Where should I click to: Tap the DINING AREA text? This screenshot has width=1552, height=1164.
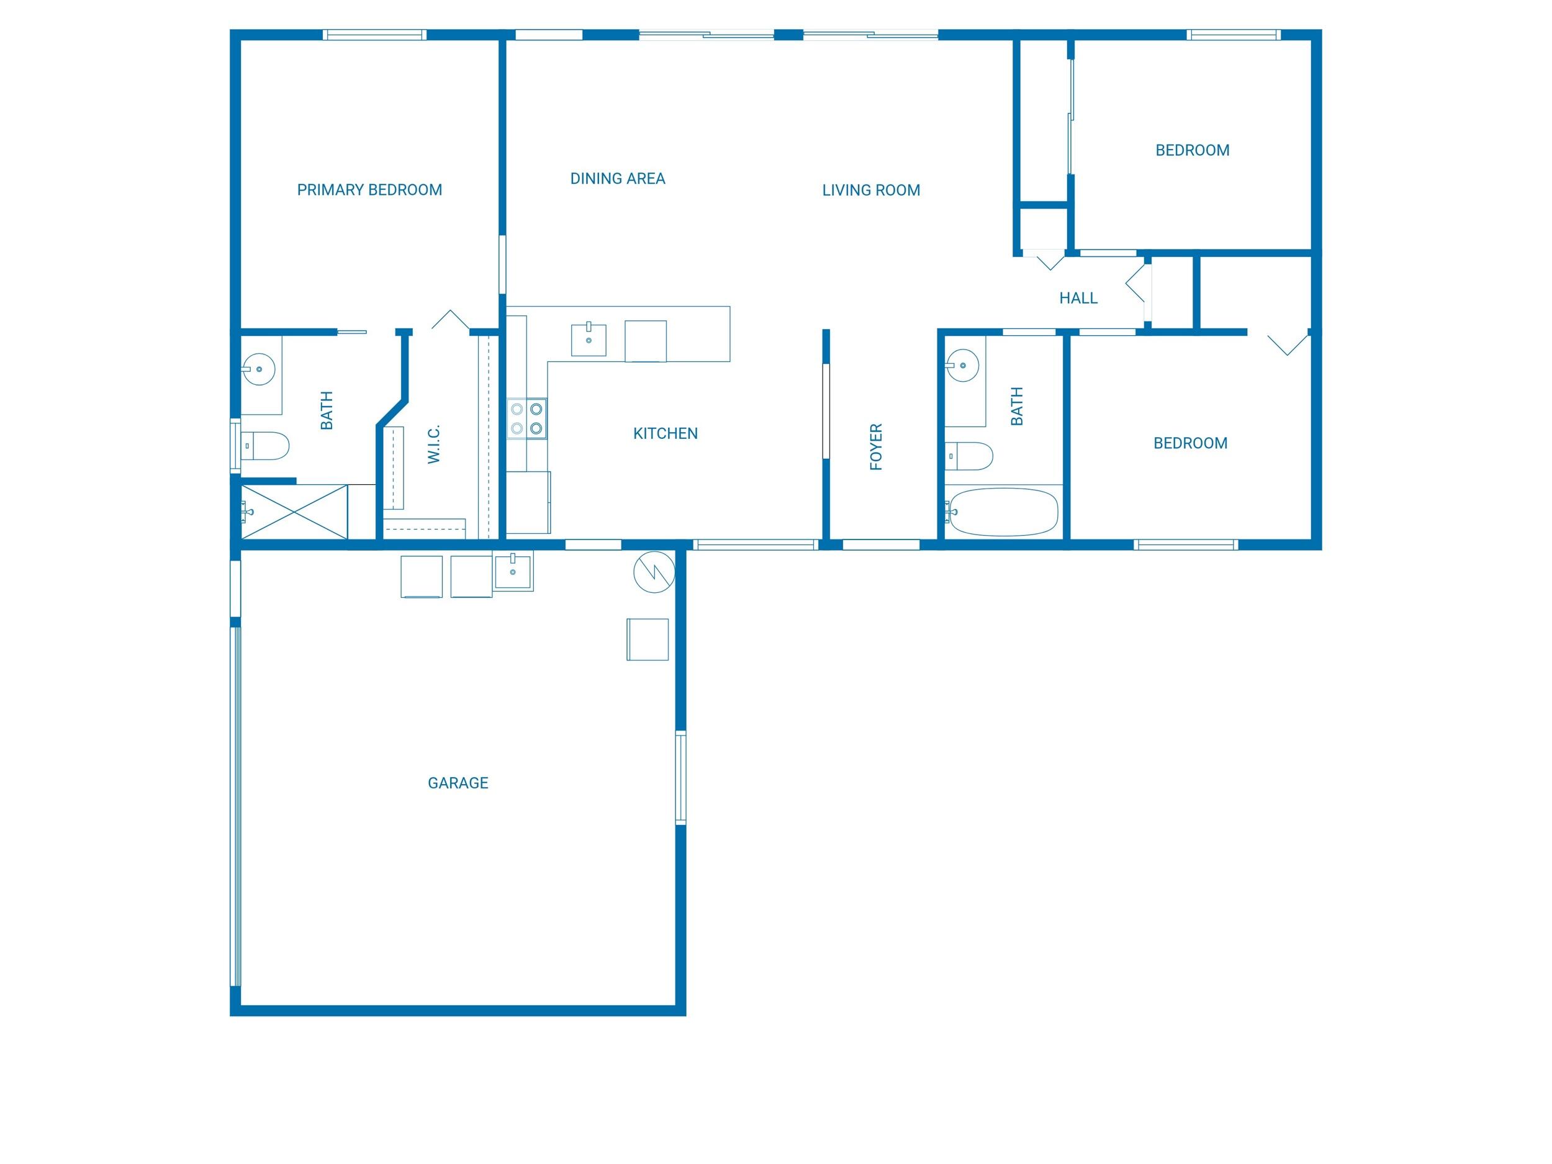(618, 178)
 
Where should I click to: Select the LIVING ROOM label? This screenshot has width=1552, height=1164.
(871, 189)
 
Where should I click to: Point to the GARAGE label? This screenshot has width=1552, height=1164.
(458, 782)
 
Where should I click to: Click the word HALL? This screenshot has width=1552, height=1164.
(1078, 297)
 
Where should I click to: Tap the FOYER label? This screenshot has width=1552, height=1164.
(875, 446)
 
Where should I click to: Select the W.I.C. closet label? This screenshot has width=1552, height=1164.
(433, 443)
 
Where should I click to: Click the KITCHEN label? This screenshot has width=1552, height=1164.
(665, 433)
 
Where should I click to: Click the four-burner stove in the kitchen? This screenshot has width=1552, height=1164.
(526, 418)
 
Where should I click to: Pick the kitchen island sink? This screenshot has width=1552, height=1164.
(588, 340)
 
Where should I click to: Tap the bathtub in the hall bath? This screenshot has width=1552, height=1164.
(1002, 512)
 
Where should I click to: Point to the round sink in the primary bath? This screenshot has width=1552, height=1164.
(259, 368)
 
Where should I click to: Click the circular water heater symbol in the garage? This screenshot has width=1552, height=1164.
(653, 572)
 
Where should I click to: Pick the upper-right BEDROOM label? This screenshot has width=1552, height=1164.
(1192, 150)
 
